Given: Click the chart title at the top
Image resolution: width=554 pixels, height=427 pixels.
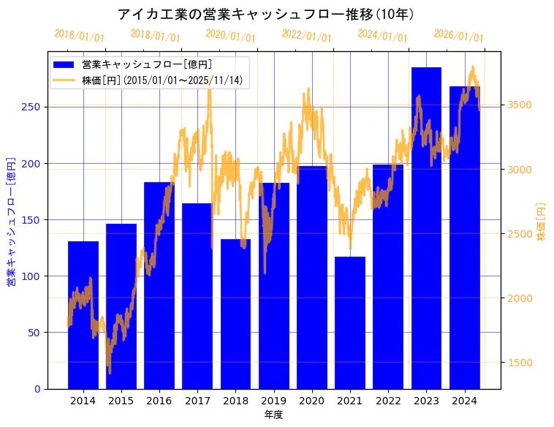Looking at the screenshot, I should click(x=266, y=15).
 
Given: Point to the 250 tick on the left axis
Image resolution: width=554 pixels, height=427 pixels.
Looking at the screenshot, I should click(x=32, y=107).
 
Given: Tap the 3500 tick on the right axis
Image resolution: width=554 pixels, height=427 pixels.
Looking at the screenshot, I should click(x=520, y=105).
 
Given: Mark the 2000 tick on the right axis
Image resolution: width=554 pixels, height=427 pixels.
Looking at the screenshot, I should click(x=520, y=298).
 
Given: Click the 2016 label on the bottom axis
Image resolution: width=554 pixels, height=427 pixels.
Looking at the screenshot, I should click(x=159, y=401).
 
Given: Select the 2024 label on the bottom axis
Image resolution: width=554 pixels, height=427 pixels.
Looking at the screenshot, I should click(x=464, y=401).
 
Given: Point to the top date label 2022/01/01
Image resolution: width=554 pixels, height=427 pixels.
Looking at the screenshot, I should click(x=306, y=36).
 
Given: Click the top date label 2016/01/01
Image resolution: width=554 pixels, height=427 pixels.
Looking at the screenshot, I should click(x=79, y=36).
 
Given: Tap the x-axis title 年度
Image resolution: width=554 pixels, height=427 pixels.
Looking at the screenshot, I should click(x=273, y=415).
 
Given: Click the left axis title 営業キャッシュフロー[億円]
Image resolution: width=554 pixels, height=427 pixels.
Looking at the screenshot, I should click(x=11, y=221).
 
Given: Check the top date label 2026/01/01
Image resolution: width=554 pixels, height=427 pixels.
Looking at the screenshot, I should click(x=458, y=36).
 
